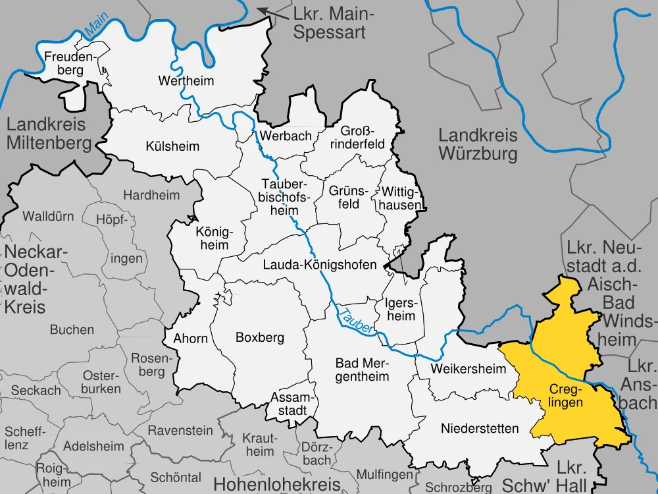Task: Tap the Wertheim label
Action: [x=186, y=81]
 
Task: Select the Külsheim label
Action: [x=172, y=146]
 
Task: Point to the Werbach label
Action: [x=286, y=136]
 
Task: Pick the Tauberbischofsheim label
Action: [x=284, y=196]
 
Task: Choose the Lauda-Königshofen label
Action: [x=320, y=265]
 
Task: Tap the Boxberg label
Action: [x=260, y=337]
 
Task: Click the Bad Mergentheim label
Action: [x=362, y=370]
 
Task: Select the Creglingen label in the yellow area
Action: [x=565, y=395]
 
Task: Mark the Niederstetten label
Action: [x=480, y=429]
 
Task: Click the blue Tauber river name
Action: [x=355, y=320]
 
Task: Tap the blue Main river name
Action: [x=97, y=25]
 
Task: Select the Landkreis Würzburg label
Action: [x=478, y=145]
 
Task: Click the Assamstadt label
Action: [x=290, y=403]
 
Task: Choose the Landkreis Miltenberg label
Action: [x=49, y=133]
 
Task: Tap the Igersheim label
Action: [x=401, y=309]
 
